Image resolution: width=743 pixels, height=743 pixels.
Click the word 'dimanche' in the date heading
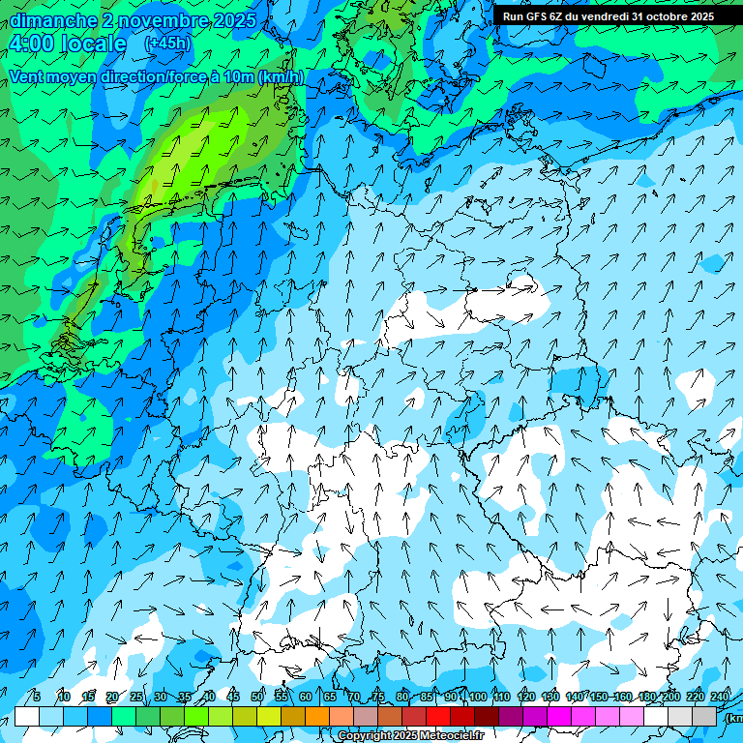[x=53, y=20]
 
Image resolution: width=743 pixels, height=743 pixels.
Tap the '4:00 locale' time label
[x=67, y=44]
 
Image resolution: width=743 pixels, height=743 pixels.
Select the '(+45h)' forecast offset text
[x=167, y=44]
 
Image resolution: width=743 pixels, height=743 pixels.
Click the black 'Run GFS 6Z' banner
[x=609, y=15]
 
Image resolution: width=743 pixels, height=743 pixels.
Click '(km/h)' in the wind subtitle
[x=281, y=76]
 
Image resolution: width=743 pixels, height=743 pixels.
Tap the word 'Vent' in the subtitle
[x=28, y=76]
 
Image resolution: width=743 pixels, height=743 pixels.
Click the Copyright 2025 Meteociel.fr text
[x=424, y=736]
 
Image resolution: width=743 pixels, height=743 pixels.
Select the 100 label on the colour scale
[x=477, y=697]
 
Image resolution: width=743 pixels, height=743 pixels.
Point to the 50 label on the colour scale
[x=257, y=697]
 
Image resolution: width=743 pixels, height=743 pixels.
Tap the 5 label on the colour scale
[x=37, y=697]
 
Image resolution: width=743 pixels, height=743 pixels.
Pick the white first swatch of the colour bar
[x=27, y=716]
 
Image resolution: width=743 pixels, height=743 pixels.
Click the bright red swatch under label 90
[x=438, y=716]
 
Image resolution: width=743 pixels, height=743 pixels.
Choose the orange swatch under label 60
[x=293, y=716]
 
